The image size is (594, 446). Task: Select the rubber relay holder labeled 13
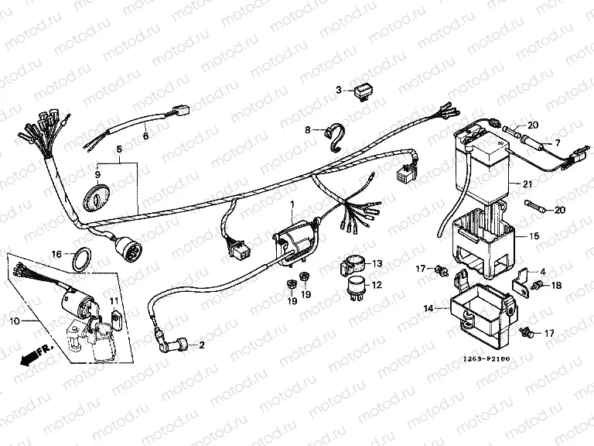click(353, 266)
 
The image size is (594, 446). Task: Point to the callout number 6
click(145, 136)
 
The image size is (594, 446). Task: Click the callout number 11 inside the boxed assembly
click(112, 301)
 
